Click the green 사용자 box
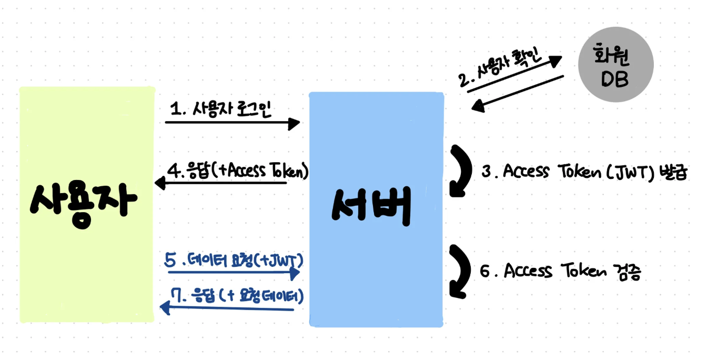point(87,205)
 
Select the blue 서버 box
point(376,209)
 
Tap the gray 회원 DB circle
point(616,64)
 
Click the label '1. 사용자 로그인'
point(220,109)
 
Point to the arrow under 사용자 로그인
point(233,123)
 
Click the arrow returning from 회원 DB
point(517,94)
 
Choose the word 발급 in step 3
point(673,173)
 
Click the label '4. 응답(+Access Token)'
point(238,171)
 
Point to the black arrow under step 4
point(221,183)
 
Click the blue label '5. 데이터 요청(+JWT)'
point(234,261)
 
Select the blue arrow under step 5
point(234,273)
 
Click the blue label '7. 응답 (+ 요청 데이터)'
point(237,296)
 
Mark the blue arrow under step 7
point(227,308)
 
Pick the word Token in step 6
point(583,271)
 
